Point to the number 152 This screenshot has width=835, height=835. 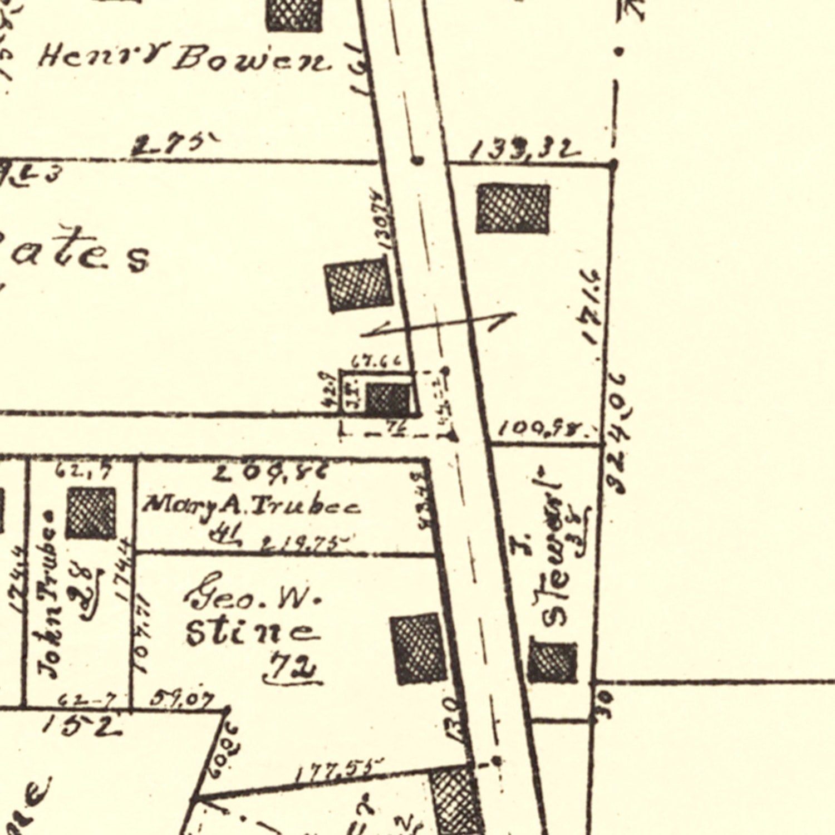tap(82, 725)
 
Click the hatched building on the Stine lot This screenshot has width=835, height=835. tap(419, 649)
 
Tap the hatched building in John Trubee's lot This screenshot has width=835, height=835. tap(91, 513)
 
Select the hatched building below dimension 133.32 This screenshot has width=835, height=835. tap(513, 209)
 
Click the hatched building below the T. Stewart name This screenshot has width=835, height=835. tap(552, 662)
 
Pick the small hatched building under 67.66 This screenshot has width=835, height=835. tap(388, 399)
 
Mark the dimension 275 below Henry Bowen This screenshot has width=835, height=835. tap(173, 145)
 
